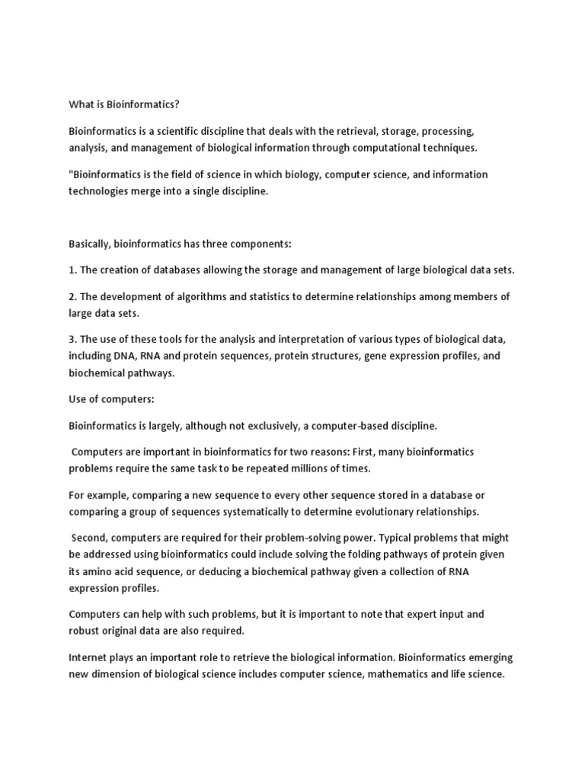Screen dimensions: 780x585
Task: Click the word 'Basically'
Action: click(x=94, y=244)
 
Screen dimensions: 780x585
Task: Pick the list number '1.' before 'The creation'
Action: click(x=73, y=270)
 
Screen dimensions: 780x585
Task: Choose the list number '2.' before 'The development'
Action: click(x=73, y=296)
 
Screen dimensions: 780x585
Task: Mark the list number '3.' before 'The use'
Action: click(x=73, y=339)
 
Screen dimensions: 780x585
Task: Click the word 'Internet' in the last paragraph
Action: click(x=90, y=657)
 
